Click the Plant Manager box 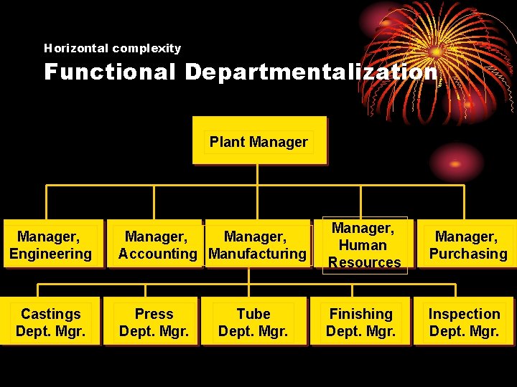(259, 141)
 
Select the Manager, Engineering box (50, 245)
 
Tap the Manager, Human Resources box (364, 245)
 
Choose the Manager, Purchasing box (467, 245)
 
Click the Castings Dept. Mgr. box (50, 322)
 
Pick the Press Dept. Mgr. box (154, 322)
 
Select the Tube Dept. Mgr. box (253, 322)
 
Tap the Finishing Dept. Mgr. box (360, 322)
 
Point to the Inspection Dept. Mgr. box (464, 322)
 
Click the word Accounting (157, 254)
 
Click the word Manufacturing (257, 254)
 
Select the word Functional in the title (109, 72)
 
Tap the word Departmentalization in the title (311, 72)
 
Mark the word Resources (364, 262)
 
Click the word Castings (50, 314)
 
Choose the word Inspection (464, 314)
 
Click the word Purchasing (468, 254)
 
